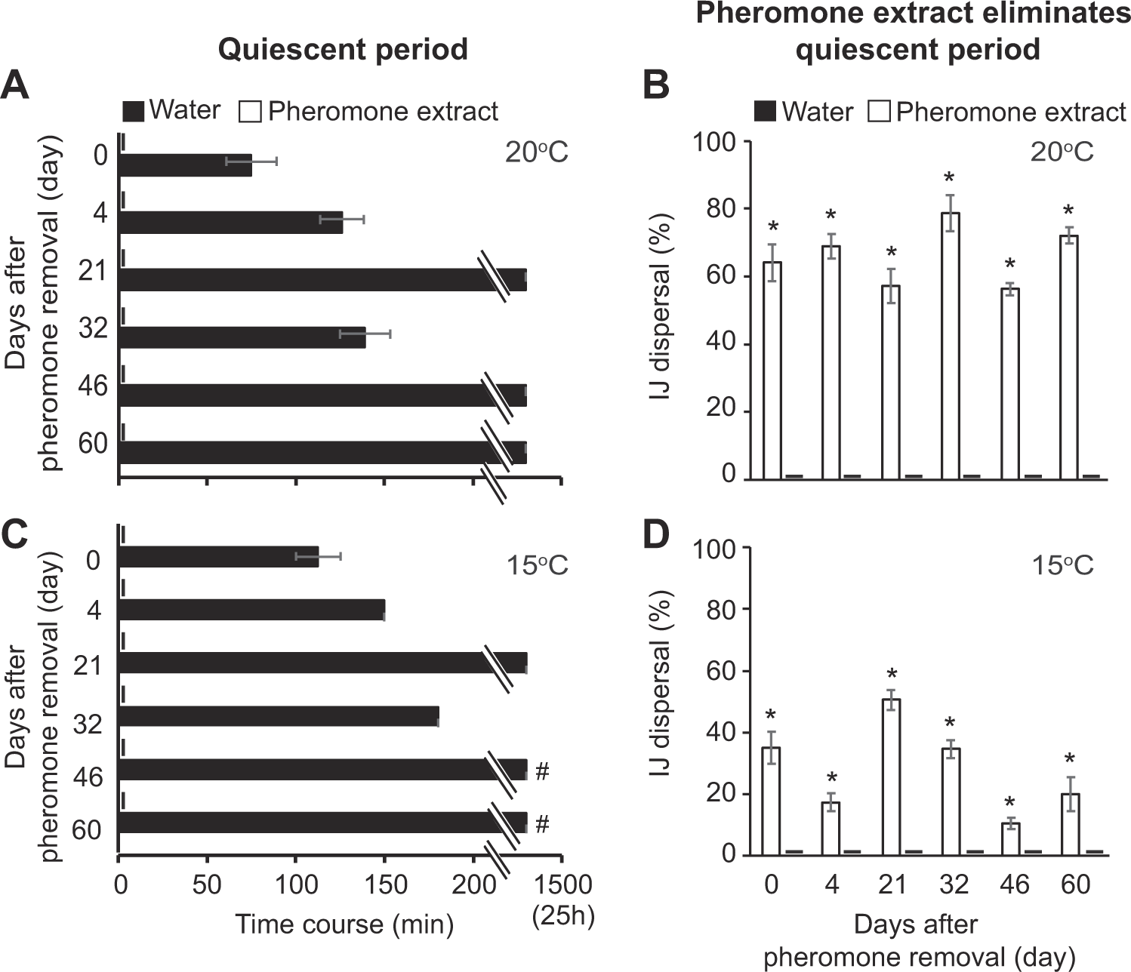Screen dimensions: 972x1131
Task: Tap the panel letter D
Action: point(656,537)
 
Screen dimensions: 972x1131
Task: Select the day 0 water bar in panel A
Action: point(186,165)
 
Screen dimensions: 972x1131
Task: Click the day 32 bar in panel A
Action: point(242,337)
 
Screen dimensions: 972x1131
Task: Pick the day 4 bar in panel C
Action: point(252,610)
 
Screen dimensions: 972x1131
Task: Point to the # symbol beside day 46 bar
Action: point(541,771)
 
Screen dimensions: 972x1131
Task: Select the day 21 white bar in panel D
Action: point(892,777)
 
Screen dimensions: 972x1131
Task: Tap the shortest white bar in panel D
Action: point(1010,838)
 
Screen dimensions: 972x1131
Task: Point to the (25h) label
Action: point(563,917)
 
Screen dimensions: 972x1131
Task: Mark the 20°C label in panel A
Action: point(536,153)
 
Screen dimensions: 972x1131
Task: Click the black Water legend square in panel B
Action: point(765,112)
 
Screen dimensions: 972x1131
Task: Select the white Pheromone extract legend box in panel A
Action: point(250,112)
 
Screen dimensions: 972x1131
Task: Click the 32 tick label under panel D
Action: point(953,884)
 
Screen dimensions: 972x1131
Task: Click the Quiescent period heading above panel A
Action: point(344,50)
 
